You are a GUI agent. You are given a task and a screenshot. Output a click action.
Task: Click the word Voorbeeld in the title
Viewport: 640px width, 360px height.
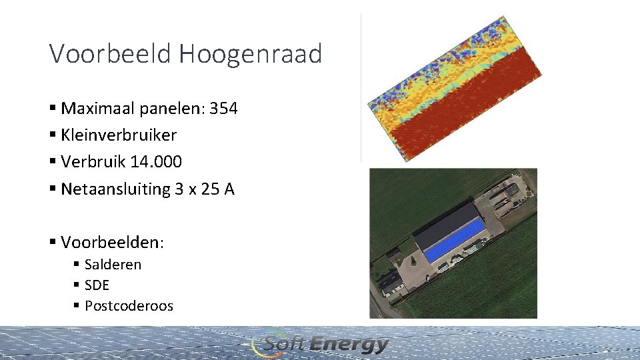coord(111,53)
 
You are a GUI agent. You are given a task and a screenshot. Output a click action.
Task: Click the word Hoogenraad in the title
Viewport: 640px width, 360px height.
coord(250,53)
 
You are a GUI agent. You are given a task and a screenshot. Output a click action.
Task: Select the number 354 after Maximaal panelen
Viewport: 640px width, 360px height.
coord(223,108)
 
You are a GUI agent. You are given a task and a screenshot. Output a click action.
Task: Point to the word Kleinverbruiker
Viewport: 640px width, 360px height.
coord(119,135)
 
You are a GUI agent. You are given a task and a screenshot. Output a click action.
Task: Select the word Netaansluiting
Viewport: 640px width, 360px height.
coord(115,189)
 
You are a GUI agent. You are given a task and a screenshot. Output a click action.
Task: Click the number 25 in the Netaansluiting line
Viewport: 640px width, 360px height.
coord(209,189)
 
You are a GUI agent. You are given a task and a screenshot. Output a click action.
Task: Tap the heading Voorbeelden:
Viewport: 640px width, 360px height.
coord(112,241)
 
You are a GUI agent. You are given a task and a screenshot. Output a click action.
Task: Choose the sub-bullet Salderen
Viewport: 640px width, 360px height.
coord(113,265)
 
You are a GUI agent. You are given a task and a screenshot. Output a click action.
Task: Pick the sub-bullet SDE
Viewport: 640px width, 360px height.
coord(97,285)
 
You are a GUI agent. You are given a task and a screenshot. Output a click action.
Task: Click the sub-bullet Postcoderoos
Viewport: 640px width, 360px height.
coord(129,306)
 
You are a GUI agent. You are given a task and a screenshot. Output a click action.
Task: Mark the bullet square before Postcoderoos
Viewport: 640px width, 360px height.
coord(77,307)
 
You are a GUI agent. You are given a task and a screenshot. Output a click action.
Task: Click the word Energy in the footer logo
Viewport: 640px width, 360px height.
coord(349,344)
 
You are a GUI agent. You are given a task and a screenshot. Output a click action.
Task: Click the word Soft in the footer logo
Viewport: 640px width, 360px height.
coord(285,344)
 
